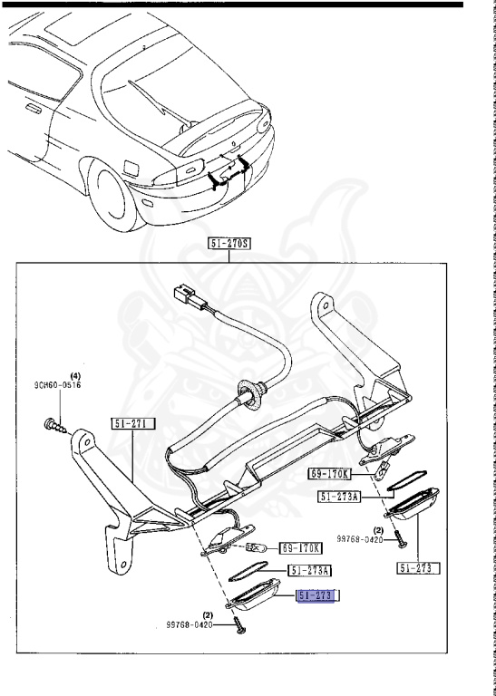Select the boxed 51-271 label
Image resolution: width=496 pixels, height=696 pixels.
click(x=134, y=423)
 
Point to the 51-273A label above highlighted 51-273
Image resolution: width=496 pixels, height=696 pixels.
click(x=310, y=570)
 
